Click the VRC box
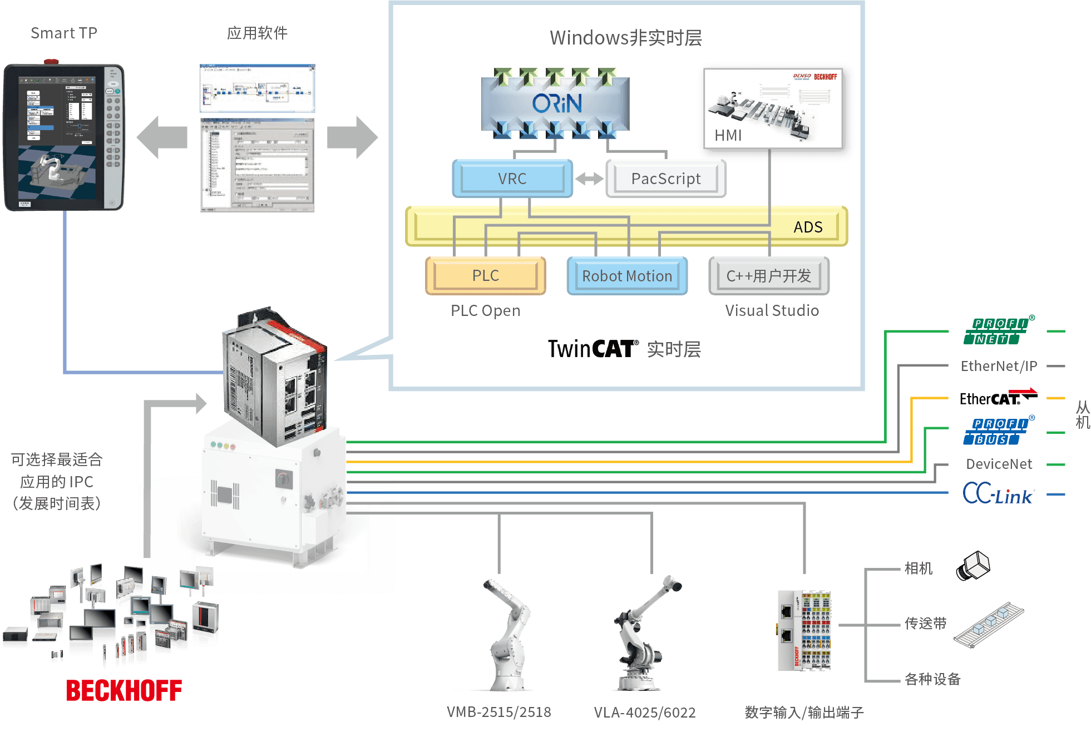pos(512,179)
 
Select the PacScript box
pos(665,179)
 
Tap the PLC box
pos(485,276)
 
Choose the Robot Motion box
pos(627,276)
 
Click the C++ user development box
pos(768,276)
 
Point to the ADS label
pos(808,227)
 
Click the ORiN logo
pos(556,103)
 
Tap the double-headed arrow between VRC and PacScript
pos(589,179)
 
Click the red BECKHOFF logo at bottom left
pos(124,690)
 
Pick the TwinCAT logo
pos(593,349)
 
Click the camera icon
pos(973,566)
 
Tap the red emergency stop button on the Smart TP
pos(52,61)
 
